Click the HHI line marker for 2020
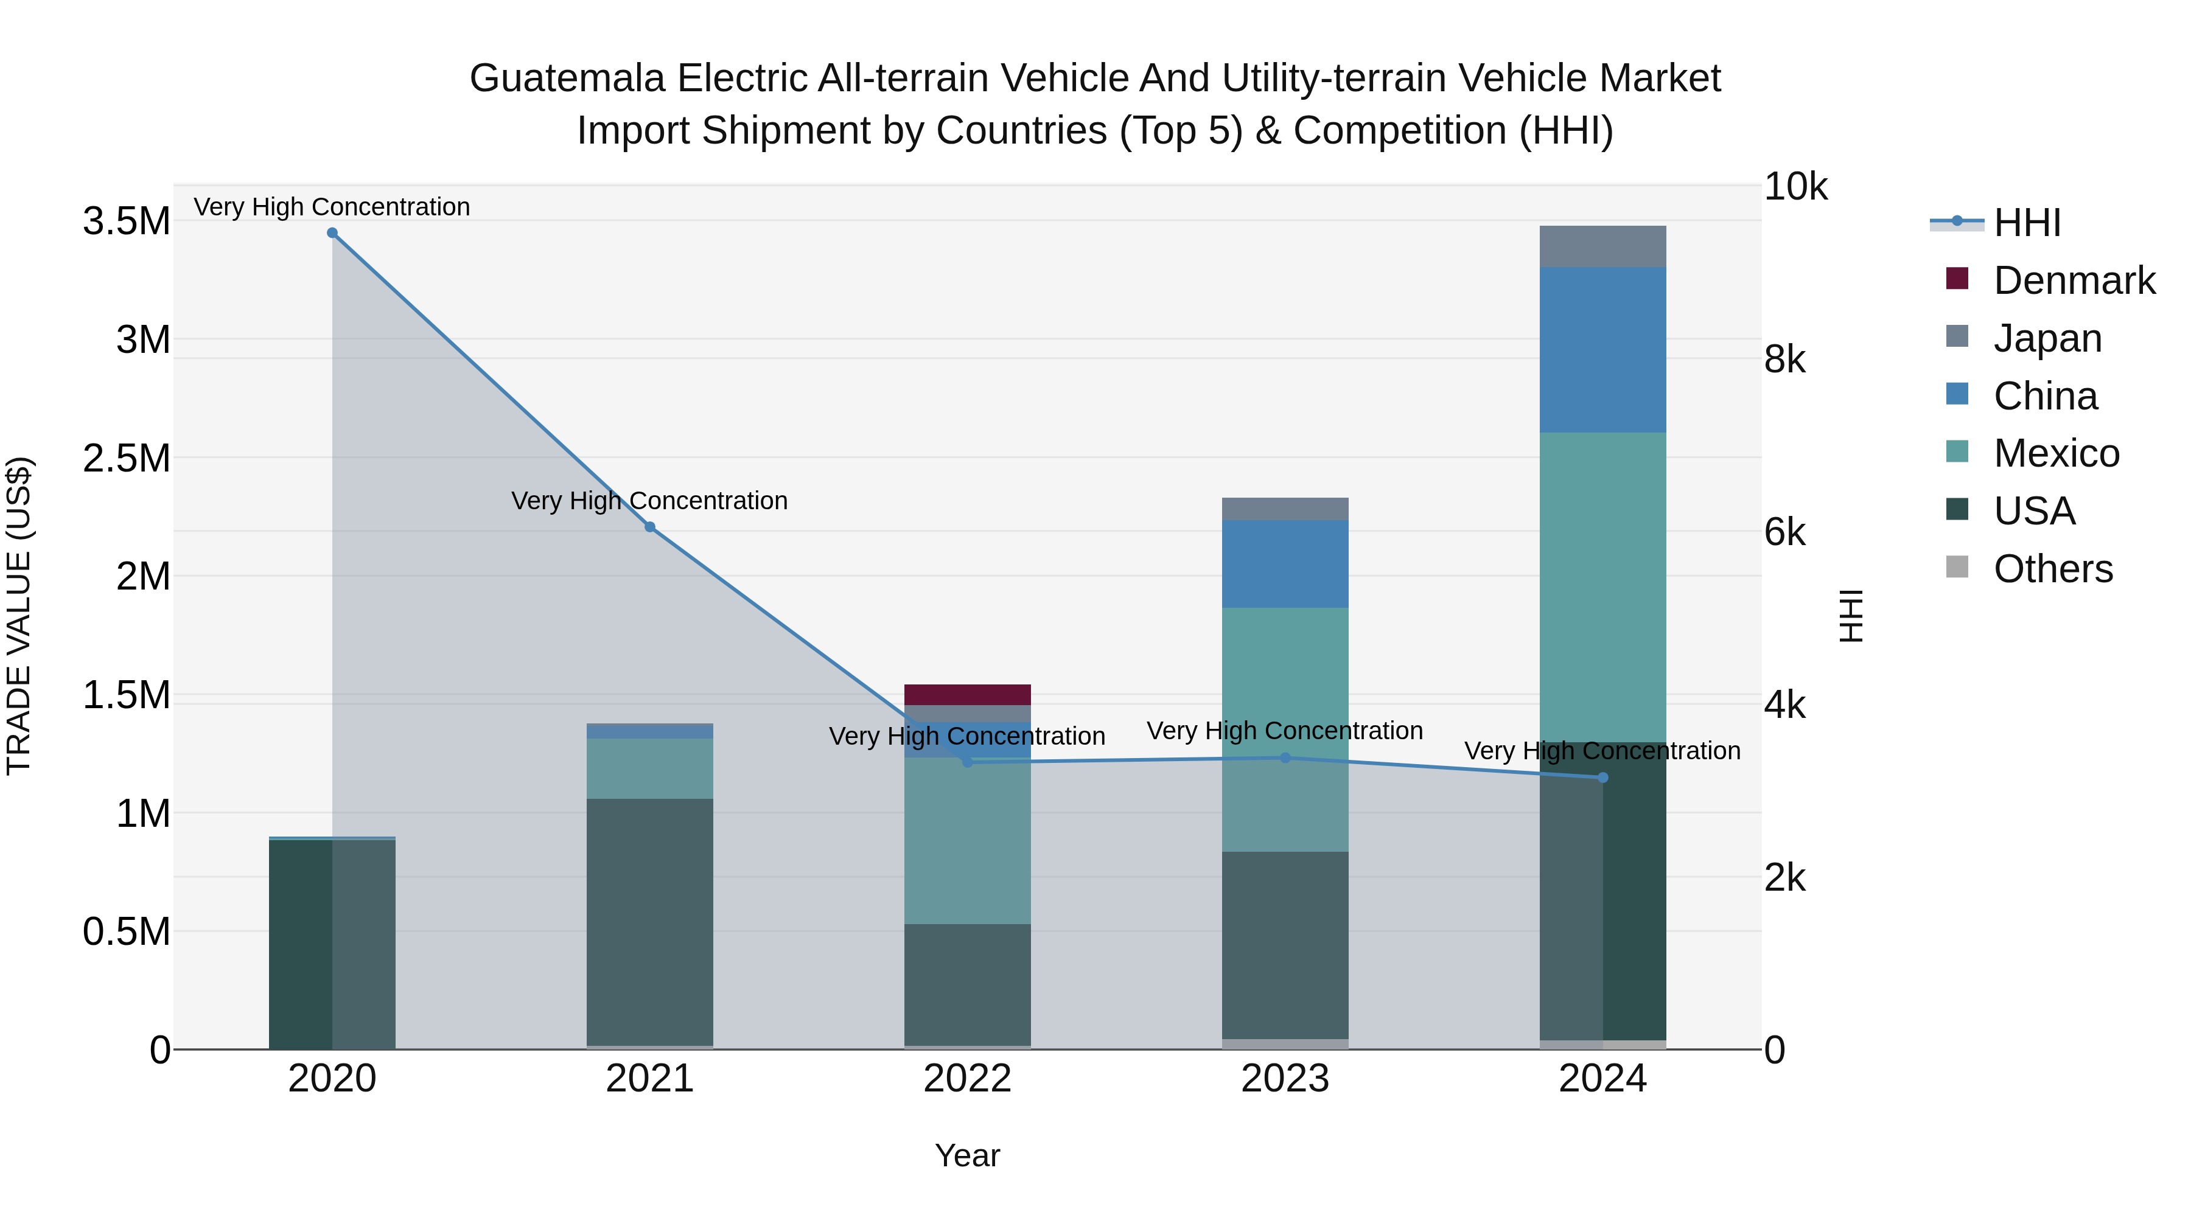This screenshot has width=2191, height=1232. click(x=332, y=233)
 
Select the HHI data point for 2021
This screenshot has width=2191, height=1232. click(x=650, y=527)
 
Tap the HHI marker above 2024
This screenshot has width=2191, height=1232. click(x=1602, y=777)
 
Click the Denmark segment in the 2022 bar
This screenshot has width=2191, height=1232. click(x=967, y=695)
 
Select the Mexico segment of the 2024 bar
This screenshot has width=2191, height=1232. click(x=1602, y=586)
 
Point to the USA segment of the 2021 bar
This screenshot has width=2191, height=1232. click(x=650, y=922)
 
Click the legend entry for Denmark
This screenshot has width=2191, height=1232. click(x=2074, y=280)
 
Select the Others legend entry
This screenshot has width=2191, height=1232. click(x=2052, y=569)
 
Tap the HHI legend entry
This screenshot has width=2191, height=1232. click(x=2027, y=223)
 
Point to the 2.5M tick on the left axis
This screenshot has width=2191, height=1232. click(x=126, y=458)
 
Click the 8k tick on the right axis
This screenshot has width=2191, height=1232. click(x=1784, y=359)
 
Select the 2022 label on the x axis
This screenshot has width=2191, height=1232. click(x=967, y=1079)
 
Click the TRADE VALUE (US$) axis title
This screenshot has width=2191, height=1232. click(x=19, y=616)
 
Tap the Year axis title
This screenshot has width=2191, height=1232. click(x=967, y=1155)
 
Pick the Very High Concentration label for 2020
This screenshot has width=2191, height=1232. click(x=332, y=207)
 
